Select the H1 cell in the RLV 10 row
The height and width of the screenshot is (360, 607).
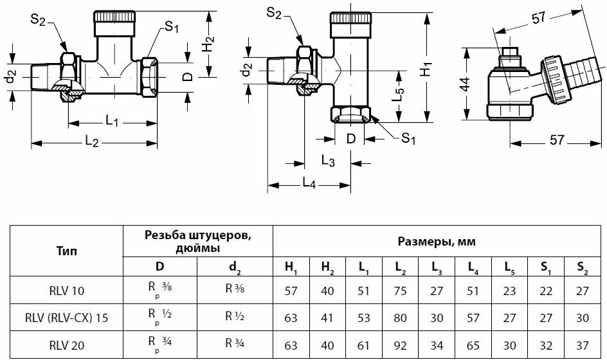click(291, 291)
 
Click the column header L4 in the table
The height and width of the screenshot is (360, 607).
click(474, 265)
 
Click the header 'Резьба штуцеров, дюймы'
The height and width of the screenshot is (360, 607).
click(197, 242)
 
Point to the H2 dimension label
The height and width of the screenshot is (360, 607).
click(207, 44)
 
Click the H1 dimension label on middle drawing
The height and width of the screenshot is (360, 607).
click(426, 68)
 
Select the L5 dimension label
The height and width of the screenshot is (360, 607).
click(399, 95)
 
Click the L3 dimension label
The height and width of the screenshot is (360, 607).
click(327, 161)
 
